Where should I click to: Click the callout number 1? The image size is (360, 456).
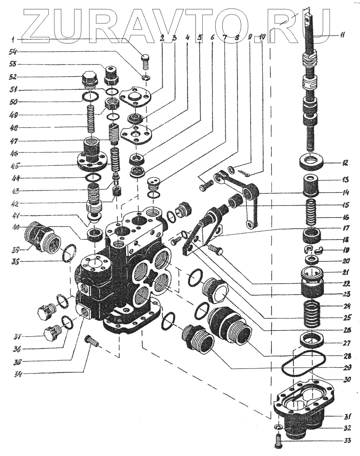tap(13, 38)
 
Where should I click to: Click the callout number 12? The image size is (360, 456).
tap(345, 163)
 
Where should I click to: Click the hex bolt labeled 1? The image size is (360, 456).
tap(146, 61)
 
